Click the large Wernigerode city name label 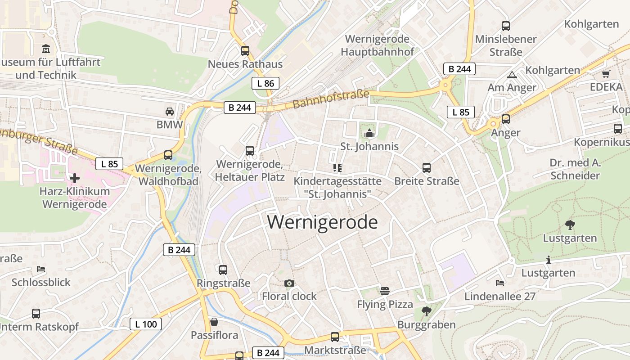[x=322, y=222]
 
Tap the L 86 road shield [x=265, y=83]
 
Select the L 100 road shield [x=146, y=324]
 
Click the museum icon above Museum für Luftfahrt [x=45, y=49]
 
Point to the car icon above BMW [x=170, y=112]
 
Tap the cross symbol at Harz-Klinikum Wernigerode [x=75, y=178]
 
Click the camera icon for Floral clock [x=289, y=283]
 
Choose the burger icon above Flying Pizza [x=384, y=291]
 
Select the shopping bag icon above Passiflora [x=214, y=322]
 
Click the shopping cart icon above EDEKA [x=606, y=74]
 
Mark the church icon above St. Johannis [x=369, y=133]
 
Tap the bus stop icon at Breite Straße [x=427, y=168]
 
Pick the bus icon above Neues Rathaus [x=245, y=51]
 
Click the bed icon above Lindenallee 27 [x=499, y=283]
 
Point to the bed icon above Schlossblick [x=41, y=269]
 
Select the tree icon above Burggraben [x=426, y=311]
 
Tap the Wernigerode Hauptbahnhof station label [x=377, y=45]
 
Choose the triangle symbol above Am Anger [x=512, y=75]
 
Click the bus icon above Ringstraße [x=223, y=270]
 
